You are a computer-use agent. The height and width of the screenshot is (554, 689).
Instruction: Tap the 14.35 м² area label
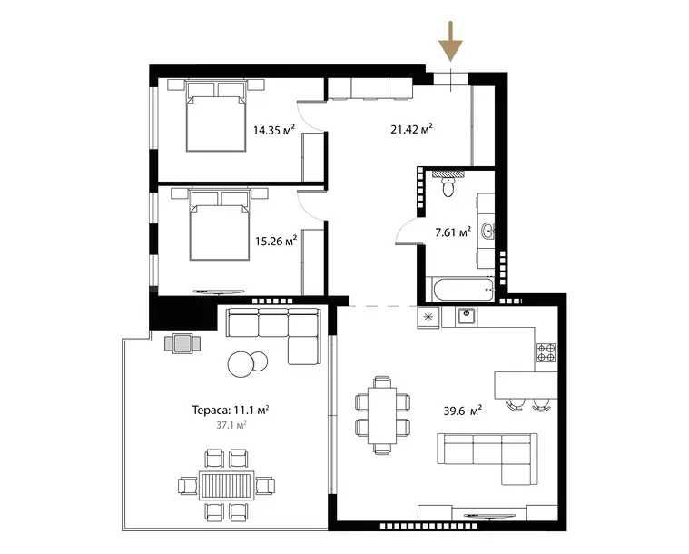[x=275, y=130]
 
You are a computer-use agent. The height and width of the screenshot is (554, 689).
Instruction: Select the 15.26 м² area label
[x=276, y=242]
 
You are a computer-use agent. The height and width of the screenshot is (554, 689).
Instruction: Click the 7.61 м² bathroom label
[x=452, y=232]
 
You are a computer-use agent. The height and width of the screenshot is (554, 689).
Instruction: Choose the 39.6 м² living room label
[x=462, y=410]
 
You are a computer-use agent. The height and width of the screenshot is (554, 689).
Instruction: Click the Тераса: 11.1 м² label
[x=230, y=410]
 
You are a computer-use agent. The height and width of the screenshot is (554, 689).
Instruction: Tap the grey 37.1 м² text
[x=230, y=424]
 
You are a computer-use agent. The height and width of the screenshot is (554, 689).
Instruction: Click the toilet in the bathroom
[x=447, y=186]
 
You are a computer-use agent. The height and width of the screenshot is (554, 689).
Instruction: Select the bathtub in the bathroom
[x=462, y=291]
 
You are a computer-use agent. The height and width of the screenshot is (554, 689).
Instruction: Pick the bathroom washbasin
[x=487, y=231]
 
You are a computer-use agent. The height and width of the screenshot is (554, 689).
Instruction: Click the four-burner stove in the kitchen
[x=546, y=351]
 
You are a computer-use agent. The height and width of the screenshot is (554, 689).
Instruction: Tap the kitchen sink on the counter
[x=467, y=316]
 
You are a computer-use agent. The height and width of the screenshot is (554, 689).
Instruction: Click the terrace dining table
[x=224, y=485]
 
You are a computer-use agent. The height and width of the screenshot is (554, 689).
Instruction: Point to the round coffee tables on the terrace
[x=248, y=363]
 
